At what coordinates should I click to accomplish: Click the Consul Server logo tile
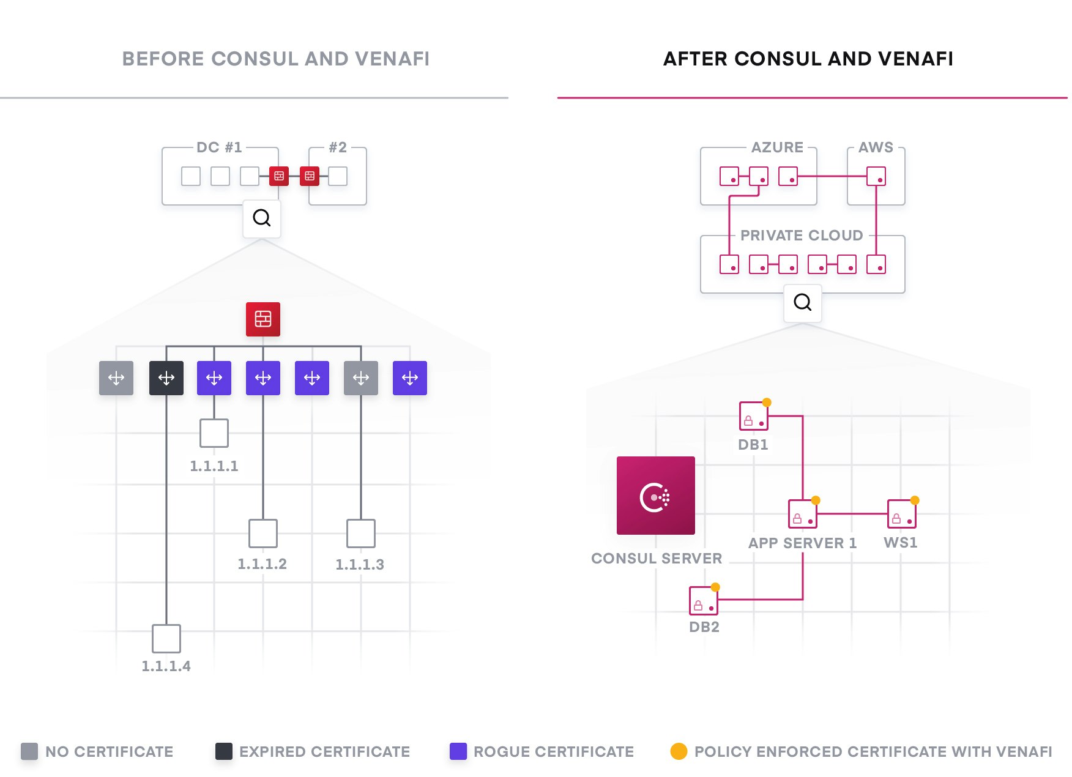point(655,495)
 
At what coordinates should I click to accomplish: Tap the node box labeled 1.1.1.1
point(214,433)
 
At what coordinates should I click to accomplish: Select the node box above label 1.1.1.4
point(166,639)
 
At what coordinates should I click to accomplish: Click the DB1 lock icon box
point(753,416)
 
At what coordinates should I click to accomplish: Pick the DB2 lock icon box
point(703,601)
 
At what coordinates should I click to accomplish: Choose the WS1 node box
point(901,514)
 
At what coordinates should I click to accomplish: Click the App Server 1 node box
point(802,514)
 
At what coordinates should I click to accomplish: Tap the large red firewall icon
point(263,319)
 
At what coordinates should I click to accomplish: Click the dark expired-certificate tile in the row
point(166,378)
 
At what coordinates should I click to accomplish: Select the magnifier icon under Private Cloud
point(802,302)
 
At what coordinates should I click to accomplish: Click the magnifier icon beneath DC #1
point(262,218)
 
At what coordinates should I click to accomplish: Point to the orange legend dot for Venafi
point(679,751)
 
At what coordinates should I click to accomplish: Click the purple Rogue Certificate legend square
point(458,751)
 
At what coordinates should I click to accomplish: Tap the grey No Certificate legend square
point(29,751)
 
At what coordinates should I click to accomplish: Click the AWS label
point(876,147)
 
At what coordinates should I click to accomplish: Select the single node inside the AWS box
point(876,176)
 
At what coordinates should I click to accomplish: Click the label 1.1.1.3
point(360,564)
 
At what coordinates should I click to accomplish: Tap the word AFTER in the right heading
point(696,59)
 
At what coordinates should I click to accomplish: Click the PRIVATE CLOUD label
point(802,236)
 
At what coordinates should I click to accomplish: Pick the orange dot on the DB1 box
point(767,403)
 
